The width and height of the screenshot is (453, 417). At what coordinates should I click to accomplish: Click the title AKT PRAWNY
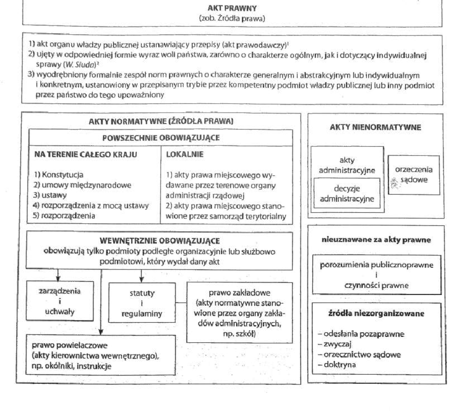pyautogui.click(x=232, y=8)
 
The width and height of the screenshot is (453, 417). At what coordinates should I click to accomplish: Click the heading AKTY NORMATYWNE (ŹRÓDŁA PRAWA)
pyautogui.click(x=161, y=121)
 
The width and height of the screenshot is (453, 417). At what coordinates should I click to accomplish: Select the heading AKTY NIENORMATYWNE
pyautogui.click(x=375, y=127)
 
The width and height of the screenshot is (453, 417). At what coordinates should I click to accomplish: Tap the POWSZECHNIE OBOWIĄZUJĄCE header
pyautogui.click(x=161, y=138)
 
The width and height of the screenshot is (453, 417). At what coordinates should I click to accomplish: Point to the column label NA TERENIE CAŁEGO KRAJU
pyautogui.click(x=86, y=154)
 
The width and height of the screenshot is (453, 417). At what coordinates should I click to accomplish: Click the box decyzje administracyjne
pyautogui.click(x=347, y=193)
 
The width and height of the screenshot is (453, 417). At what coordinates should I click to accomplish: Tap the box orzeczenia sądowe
pyautogui.click(x=414, y=175)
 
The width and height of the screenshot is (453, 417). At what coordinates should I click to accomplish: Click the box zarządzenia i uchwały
pyautogui.click(x=60, y=302)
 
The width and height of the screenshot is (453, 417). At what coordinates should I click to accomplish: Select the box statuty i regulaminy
pyautogui.click(x=142, y=303)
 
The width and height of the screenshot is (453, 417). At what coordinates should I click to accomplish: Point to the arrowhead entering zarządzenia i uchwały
pyautogui.click(x=58, y=279)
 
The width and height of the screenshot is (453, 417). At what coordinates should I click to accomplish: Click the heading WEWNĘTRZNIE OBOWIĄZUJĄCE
pyautogui.click(x=159, y=241)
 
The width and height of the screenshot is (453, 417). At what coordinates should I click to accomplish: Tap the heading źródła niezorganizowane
pyautogui.click(x=376, y=314)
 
